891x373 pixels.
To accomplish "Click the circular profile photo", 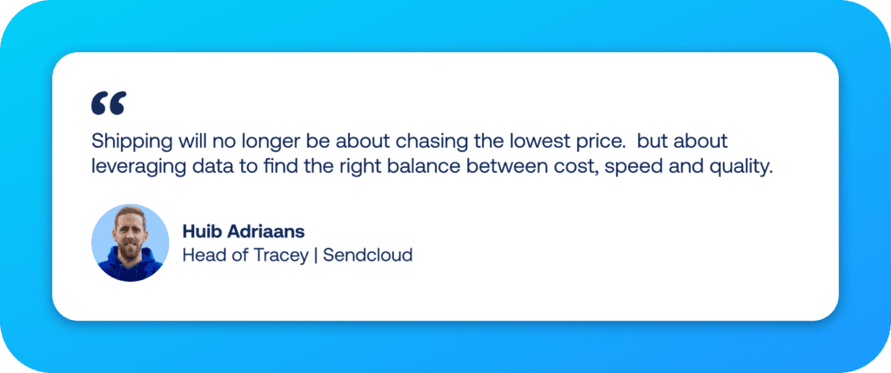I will (x=130, y=243).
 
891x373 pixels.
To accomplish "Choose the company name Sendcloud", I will (x=367, y=256).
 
